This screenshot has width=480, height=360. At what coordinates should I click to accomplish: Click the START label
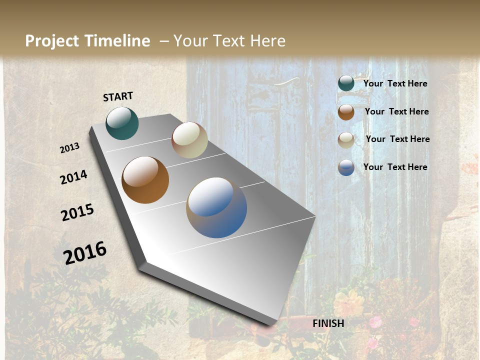pyautogui.click(x=118, y=96)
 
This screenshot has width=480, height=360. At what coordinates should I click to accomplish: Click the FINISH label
pyautogui.click(x=328, y=323)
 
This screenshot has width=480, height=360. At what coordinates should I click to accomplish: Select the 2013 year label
pyautogui.click(x=70, y=148)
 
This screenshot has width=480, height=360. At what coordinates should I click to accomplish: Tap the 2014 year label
pyautogui.click(x=74, y=177)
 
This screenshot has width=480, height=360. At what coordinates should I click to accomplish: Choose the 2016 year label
pyautogui.click(x=85, y=253)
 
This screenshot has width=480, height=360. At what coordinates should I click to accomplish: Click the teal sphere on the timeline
pyautogui.click(x=122, y=123)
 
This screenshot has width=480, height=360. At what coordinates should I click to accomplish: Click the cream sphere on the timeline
pyautogui.click(x=189, y=140)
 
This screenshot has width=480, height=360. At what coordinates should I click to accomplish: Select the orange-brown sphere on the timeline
pyautogui.click(x=145, y=180)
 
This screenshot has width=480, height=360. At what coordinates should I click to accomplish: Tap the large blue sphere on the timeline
pyautogui.click(x=216, y=207)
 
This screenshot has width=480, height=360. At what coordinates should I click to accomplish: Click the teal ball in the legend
pyautogui.click(x=346, y=83)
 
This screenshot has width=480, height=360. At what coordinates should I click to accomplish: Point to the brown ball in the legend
pyautogui.click(x=346, y=112)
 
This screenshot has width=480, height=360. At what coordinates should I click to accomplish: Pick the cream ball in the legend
pyautogui.click(x=346, y=140)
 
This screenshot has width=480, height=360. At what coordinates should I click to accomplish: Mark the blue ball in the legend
pyautogui.click(x=346, y=167)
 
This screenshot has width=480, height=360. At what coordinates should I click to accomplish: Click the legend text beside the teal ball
pyautogui.click(x=395, y=83)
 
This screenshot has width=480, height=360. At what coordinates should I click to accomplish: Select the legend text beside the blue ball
pyautogui.click(x=395, y=167)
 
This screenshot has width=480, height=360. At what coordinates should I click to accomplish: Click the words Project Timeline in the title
pyautogui.click(x=87, y=41)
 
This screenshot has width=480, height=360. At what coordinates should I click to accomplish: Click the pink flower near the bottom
pyautogui.click(x=375, y=321)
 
